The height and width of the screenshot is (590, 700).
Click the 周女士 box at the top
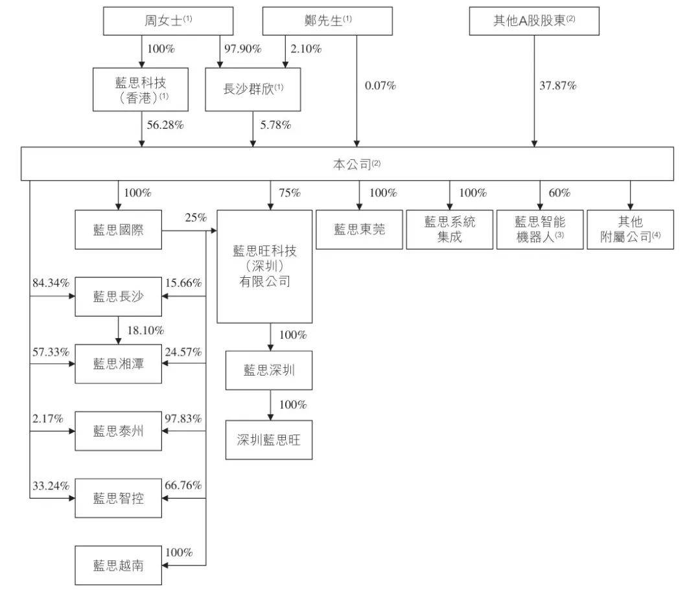coord(168,21)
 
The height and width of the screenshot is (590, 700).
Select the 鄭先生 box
coord(327,21)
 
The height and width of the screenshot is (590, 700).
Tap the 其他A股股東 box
coord(534,21)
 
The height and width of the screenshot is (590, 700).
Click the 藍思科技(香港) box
coord(141,89)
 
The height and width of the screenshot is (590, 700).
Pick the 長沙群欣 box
coord(253,89)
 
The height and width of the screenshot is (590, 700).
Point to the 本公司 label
coord(356,165)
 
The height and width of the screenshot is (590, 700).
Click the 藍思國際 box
coord(119,230)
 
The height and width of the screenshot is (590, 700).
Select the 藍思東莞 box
coord(359,230)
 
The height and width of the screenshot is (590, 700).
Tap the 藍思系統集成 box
coord(450,230)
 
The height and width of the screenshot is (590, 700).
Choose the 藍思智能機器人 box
coord(540,230)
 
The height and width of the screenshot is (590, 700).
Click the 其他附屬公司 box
coord(631,230)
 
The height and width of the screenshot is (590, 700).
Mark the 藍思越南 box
coord(119,565)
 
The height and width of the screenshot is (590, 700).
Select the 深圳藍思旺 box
coord(269,440)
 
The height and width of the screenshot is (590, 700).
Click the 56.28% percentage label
coord(165,125)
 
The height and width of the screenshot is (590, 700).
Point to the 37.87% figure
coord(557,85)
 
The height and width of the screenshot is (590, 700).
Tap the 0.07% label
coord(380,85)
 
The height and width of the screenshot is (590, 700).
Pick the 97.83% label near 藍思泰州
coord(183,418)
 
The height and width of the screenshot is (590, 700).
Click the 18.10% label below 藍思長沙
coord(146,330)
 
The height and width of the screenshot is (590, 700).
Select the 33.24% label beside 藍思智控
coord(51,485)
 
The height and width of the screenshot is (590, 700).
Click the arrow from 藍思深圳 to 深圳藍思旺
coord(270,405)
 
